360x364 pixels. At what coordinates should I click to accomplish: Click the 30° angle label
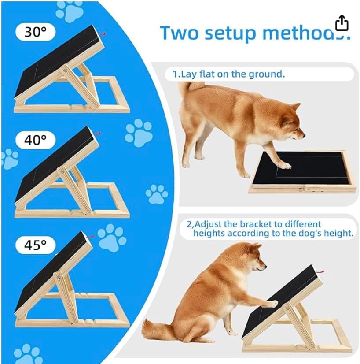pos(35,32)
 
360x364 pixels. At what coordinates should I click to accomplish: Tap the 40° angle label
pos(35,140)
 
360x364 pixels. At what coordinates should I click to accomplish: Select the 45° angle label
pos(35,245)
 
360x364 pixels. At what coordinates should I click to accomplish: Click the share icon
pos(342,23)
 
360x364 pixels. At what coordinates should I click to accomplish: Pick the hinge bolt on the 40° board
pos(62,171)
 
